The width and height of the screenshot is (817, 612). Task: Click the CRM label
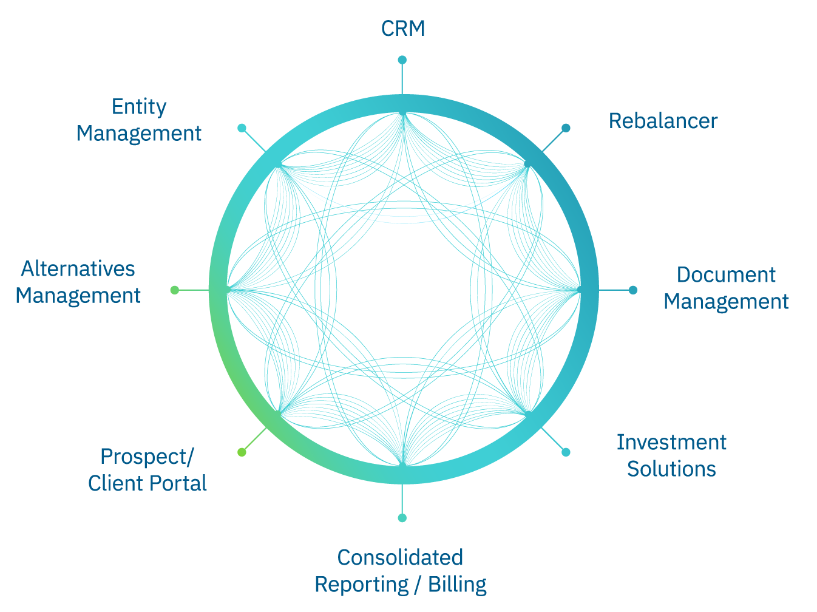[403, 29]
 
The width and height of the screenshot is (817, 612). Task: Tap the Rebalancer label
[663, 121]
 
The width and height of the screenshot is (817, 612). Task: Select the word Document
[726, 275]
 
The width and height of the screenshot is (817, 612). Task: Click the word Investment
[671, 443]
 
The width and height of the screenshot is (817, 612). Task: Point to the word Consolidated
[400, 557]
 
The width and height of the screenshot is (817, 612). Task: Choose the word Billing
[457, 584]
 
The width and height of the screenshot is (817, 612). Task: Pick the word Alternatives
[78, 269]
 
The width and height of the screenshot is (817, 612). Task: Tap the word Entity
[139, 107]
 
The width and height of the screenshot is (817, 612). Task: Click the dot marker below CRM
[402, 59]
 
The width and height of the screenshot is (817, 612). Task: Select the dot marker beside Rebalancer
[566, 128]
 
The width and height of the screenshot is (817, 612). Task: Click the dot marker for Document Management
[633, 290]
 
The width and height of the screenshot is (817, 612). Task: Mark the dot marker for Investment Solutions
[566, 452]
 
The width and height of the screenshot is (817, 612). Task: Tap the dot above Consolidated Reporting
[402, 518]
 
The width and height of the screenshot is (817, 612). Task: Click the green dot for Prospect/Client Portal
[242, 452]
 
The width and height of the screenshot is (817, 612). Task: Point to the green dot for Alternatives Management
[175, 290]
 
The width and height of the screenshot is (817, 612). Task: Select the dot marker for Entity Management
[242, 128]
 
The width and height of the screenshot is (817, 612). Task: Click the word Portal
[181, 483]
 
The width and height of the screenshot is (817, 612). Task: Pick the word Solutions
[671, 469]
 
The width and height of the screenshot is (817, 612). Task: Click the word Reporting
[362, 584]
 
